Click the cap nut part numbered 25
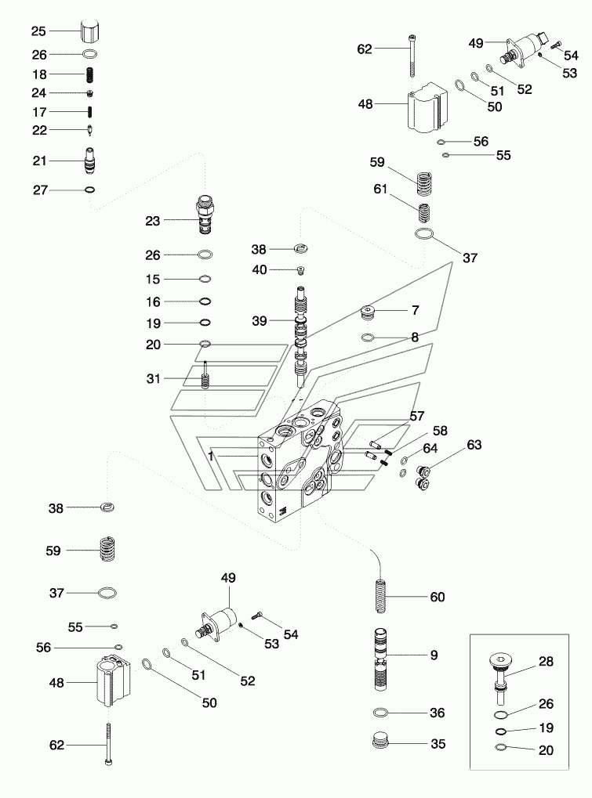(x=90, y=32)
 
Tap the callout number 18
(x=39, y=74)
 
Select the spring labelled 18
(x=90, y=74)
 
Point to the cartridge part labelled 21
(x=90, y=162)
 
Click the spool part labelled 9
(x=381, y=656)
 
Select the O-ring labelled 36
(x=381, y=713)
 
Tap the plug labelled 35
(x=381, y=742)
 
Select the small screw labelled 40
(x=301, y=271)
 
